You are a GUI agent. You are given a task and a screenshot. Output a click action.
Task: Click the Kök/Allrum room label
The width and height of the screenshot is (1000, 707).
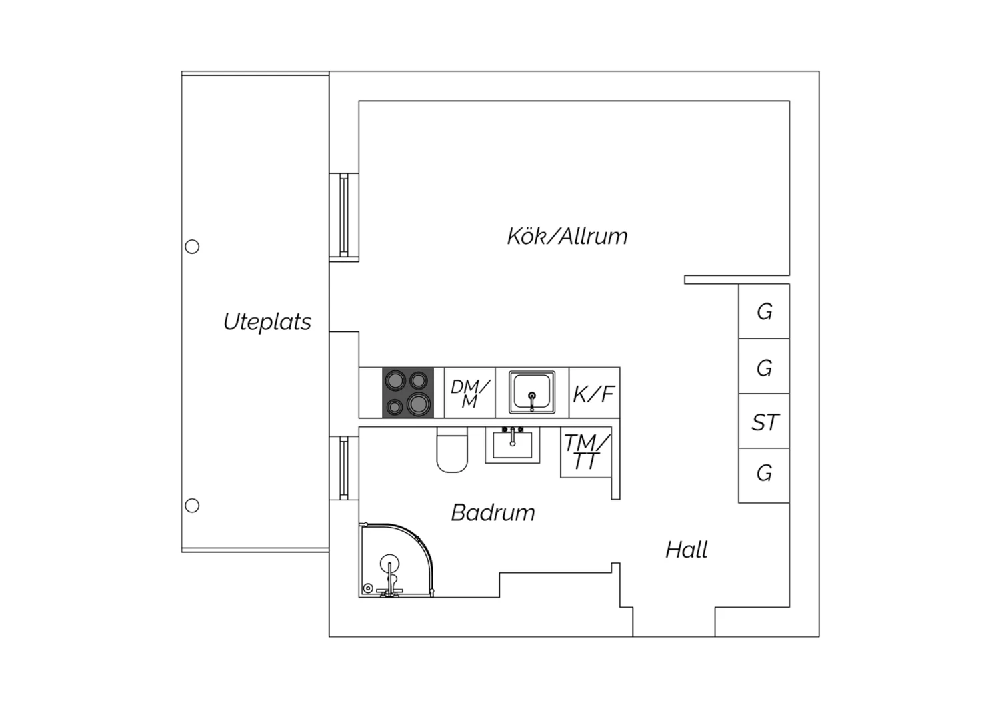567,236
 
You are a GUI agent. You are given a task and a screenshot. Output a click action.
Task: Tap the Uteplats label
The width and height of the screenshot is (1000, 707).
267,322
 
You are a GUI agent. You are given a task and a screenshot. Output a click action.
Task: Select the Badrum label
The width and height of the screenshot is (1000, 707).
493,513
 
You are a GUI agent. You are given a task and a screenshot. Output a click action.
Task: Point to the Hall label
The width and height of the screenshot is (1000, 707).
686,550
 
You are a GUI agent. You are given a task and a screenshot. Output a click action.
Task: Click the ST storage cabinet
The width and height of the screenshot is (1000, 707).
764,421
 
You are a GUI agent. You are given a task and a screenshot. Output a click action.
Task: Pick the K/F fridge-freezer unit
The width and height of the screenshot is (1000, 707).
594,393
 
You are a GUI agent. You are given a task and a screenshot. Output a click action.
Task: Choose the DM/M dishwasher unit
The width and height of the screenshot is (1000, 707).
470,393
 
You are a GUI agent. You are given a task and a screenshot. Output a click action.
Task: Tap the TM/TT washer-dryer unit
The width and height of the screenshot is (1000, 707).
586,452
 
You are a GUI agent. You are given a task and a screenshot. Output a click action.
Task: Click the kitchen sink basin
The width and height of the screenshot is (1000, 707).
532,392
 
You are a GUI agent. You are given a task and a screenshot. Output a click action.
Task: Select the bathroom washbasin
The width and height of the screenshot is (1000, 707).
513,445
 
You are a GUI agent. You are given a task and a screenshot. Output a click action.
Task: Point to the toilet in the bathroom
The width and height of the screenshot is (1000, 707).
452,450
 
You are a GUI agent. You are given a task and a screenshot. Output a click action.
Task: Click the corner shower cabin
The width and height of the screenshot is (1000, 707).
395,560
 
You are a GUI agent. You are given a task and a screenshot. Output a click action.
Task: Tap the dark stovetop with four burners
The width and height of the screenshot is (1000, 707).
407,393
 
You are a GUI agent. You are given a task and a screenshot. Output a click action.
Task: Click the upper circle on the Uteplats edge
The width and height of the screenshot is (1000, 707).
192,247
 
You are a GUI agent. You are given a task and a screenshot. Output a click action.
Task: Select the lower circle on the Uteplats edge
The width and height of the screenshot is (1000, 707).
192,506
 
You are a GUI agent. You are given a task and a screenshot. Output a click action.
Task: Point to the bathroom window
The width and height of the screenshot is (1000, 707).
344,468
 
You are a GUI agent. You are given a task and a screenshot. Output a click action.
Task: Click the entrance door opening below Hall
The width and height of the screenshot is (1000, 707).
673,622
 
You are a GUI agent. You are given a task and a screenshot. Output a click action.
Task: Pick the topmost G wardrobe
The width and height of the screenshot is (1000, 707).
764,311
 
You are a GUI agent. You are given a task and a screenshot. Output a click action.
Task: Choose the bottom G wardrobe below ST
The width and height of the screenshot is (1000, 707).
764,476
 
